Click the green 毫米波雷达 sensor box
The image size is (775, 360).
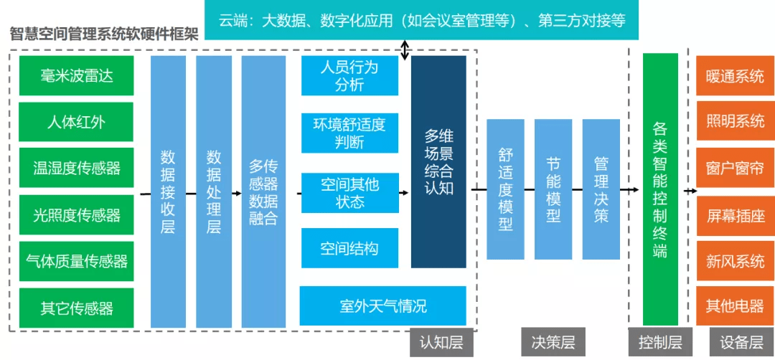(x=76, y=75)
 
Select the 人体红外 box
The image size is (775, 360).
(x=76, y=122)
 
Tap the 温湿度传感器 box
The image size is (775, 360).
(x=76, y=169)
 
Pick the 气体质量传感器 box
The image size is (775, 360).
(x=76, y=261)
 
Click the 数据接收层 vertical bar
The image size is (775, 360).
(x=168, y=191)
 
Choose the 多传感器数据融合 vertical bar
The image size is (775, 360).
(x=263, y=191)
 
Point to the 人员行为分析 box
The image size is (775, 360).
(x=349, y=75)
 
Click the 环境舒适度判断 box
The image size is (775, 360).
(x=349, y=133)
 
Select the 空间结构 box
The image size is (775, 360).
(x=349, y=249)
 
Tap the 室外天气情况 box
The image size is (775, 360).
(x=382, y=305)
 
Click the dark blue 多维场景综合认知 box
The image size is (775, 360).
(x=438, y=162)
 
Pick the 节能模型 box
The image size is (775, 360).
(x=553, y=189)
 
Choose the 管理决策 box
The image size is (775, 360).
(x=601, y=189)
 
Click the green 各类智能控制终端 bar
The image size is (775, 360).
(x=660, y=189)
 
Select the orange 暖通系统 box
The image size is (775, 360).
(x=735, y=75)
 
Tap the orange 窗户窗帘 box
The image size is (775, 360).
(x=735, y=169)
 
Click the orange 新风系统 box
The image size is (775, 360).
(x=735, y=261)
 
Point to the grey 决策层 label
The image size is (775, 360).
(x=553, y=342)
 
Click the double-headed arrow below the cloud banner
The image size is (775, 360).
(x=405, y=49)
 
